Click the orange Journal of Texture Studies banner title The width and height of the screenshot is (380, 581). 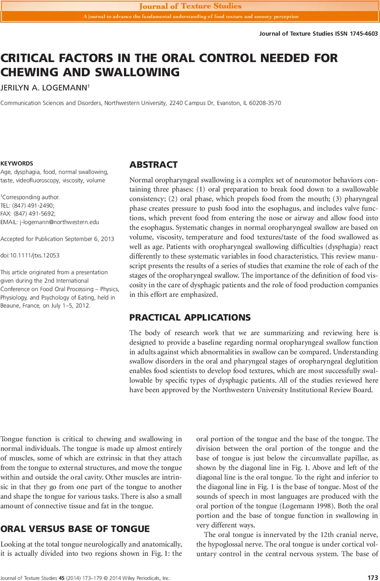coord(190,6)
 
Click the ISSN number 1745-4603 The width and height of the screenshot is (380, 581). coord(361,34)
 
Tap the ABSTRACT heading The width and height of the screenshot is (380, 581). coord(153,165)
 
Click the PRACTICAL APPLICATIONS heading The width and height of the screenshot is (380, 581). coord(190,318)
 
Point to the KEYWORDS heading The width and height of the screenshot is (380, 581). coord(17,164)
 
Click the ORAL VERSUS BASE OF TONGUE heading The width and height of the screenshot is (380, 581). coord(75,528)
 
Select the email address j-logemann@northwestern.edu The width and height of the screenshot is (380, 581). coord(59,222)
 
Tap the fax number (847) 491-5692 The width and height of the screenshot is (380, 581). coord(34,214)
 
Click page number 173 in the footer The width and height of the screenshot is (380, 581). coord(372,578)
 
